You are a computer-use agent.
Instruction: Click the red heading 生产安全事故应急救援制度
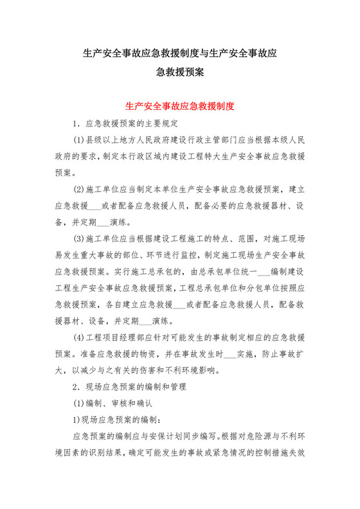click(x=179, y=105)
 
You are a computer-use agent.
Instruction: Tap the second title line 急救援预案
click(x=180, y=73)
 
